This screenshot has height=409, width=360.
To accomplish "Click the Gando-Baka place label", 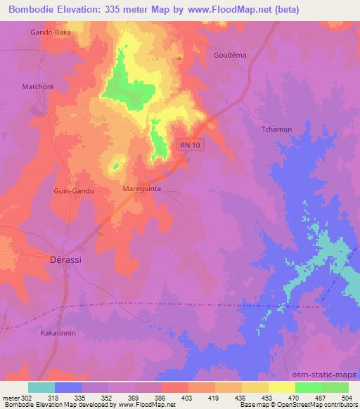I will [x=51, y=32].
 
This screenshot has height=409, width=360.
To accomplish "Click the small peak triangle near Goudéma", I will [x=180, y=57].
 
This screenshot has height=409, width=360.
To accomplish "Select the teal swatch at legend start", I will [x=41, y=387].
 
